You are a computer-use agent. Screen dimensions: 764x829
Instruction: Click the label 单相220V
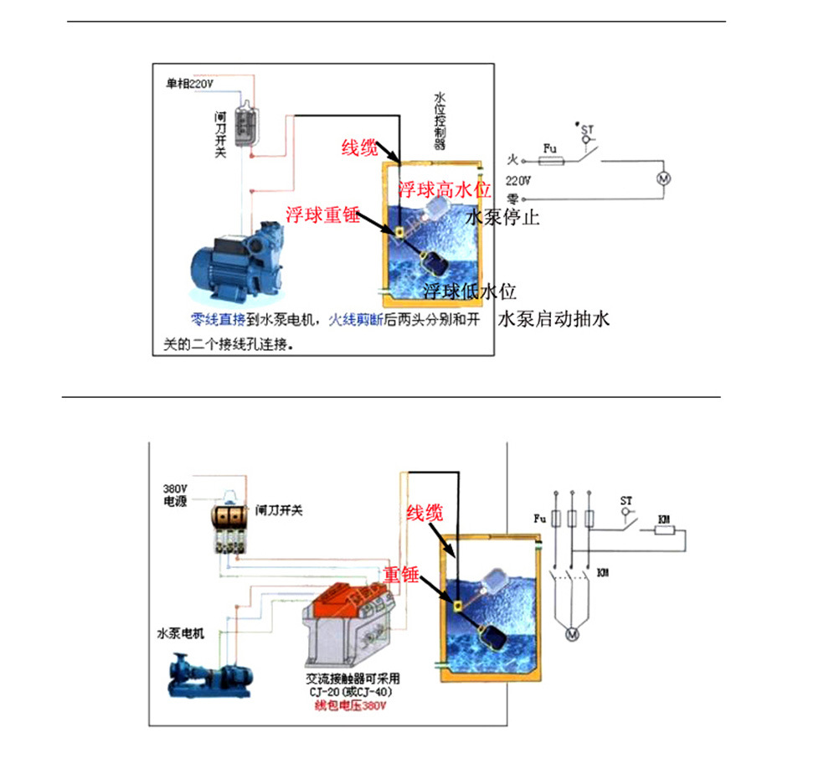pyautogui.click(x=188, y=84)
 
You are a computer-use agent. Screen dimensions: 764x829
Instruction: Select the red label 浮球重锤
pyautogui.click(x=322, y=214)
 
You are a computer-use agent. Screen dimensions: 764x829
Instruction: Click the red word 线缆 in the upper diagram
pyautogui.click(x=358, y=147)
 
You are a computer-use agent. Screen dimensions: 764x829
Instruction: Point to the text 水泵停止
pyautogui.click(x=502, y=218)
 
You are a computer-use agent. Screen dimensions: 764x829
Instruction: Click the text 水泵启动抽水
pyautogui.click(x=555, y=319)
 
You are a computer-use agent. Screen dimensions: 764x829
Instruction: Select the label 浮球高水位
pyautogui.click(x=444, y=189)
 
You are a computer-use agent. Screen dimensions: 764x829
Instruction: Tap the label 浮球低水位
pyautogui.click(x=469, y=292)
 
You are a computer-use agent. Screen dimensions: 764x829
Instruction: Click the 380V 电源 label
pyautogui.click(x=177, y=495)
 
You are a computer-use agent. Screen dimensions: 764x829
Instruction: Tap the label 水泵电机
pyautogui.click(x=180, y=632)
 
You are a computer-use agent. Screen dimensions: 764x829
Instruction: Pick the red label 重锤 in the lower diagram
pyautogui.click(x=401, y=576)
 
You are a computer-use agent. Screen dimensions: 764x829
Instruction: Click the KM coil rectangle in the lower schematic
pyautogui.click(x=666, y=530)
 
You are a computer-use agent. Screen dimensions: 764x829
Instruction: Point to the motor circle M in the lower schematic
pyautogui.click(x=574, y=634)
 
